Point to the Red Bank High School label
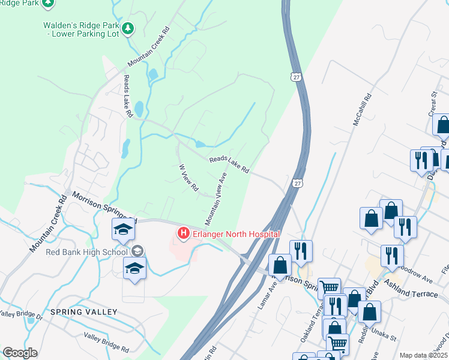pos(87,251)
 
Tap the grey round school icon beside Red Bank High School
pos(137,251)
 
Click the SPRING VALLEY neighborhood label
pos(83,313)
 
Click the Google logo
pos(20,353)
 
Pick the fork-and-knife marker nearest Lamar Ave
pos(300,251)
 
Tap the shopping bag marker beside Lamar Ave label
pos(280,265)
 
